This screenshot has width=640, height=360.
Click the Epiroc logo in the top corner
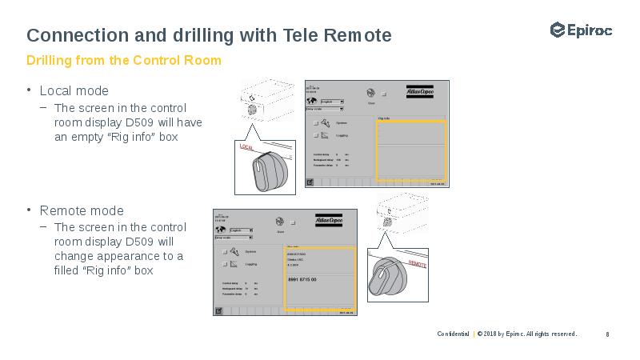(581, 30)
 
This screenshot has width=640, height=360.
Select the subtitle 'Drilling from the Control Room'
(123, 61)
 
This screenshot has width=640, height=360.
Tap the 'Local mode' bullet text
(74, 90)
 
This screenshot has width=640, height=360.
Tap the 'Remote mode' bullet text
(82, 210)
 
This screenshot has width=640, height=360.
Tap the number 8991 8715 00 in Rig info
(302, 279)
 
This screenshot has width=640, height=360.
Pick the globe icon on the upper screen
(370, 93)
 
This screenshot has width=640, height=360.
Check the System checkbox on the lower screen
(224, 252)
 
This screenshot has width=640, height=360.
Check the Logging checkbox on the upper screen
(316, 136)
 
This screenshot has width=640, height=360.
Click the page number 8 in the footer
(608, 334)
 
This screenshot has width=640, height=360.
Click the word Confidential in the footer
(453, 334)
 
